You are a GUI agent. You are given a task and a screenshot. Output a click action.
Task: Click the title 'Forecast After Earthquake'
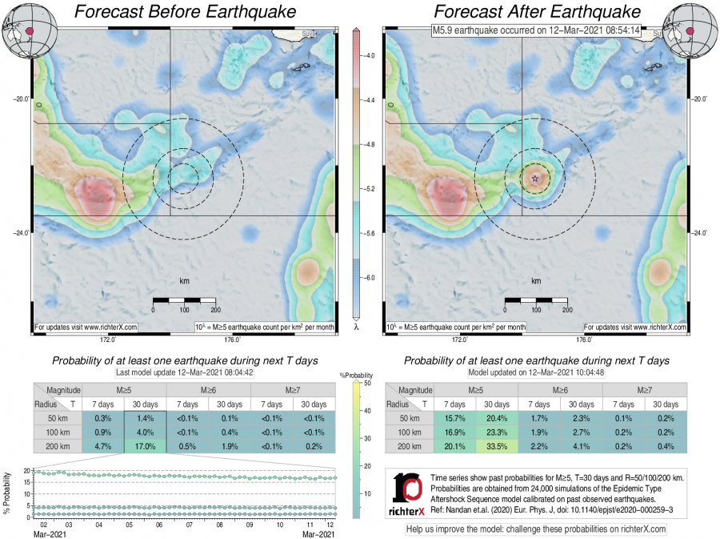537,12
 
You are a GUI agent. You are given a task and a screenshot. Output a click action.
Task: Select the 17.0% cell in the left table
145,446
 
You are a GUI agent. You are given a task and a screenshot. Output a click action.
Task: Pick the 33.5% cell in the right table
497,446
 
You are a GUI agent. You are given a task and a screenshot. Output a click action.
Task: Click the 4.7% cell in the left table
103,446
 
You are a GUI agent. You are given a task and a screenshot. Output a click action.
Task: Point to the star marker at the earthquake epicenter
535,178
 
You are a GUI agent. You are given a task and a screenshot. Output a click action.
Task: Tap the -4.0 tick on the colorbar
370,56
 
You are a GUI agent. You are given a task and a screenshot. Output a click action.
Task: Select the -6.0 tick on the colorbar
370,277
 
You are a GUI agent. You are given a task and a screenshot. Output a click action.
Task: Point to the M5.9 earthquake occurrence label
536,31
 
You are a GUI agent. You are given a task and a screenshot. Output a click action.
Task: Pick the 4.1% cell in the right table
585,446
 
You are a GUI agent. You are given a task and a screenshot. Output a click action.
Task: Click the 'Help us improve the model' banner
536,529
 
